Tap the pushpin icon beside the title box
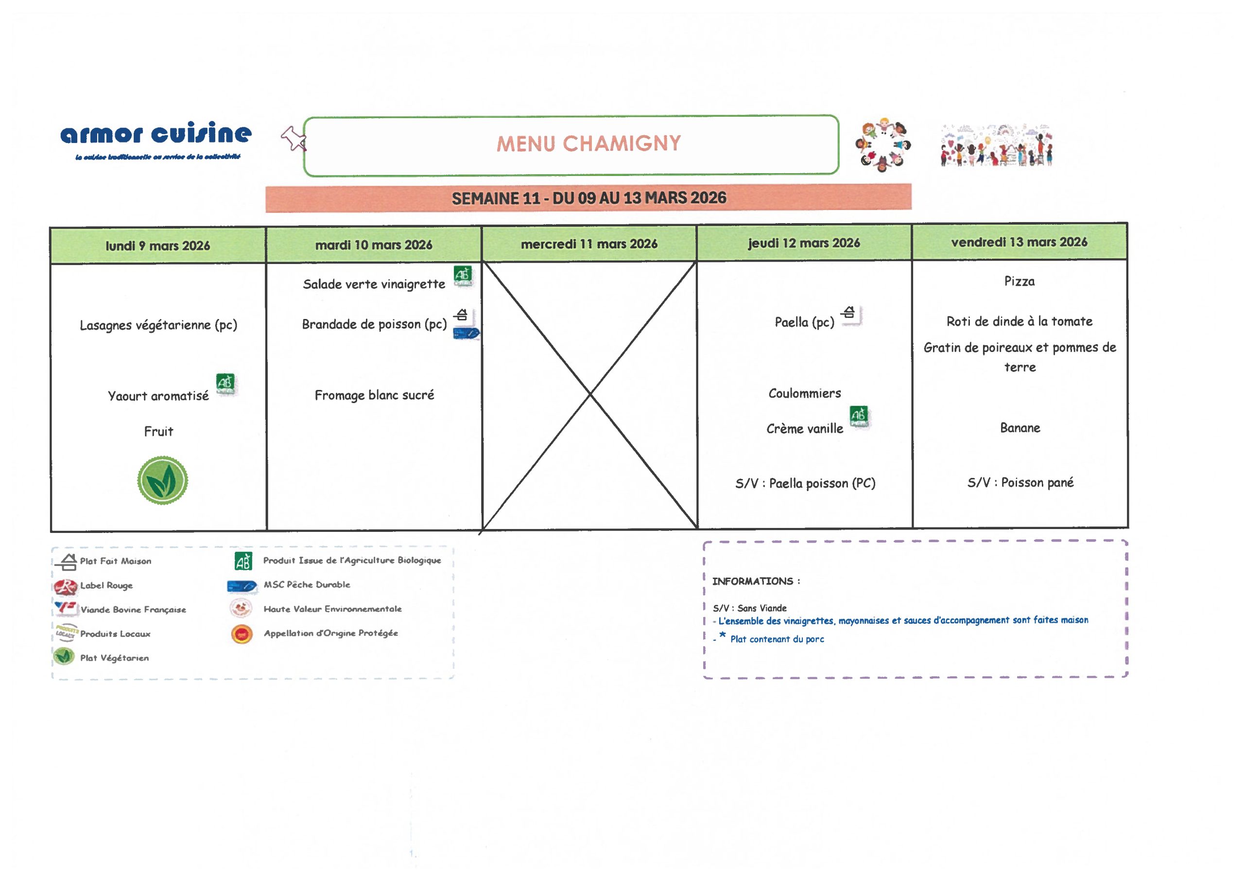(x=293, y=139)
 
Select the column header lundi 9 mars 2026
(x=158, y=246)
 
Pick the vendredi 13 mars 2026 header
(x=1019, y=242)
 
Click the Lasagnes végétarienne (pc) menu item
(x=158, y=325)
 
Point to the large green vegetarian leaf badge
(x=163, y=481)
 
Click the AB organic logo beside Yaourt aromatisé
(x=225, y=384)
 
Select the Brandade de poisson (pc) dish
(x=374, y=324)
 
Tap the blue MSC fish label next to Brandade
(x=466, y=334)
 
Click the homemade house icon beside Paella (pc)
(x=849, y=313)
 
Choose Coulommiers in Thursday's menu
(x=804, y=393)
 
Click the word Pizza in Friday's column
(x=1019, y=282)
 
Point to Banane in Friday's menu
(x=1019, y=428)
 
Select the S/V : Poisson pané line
(x=1020, y=483)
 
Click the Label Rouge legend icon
(x=66, y=586)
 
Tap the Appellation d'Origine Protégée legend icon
(x=242, y=634)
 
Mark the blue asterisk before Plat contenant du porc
(x=723, y=636)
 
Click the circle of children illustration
(x=882, y=145)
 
